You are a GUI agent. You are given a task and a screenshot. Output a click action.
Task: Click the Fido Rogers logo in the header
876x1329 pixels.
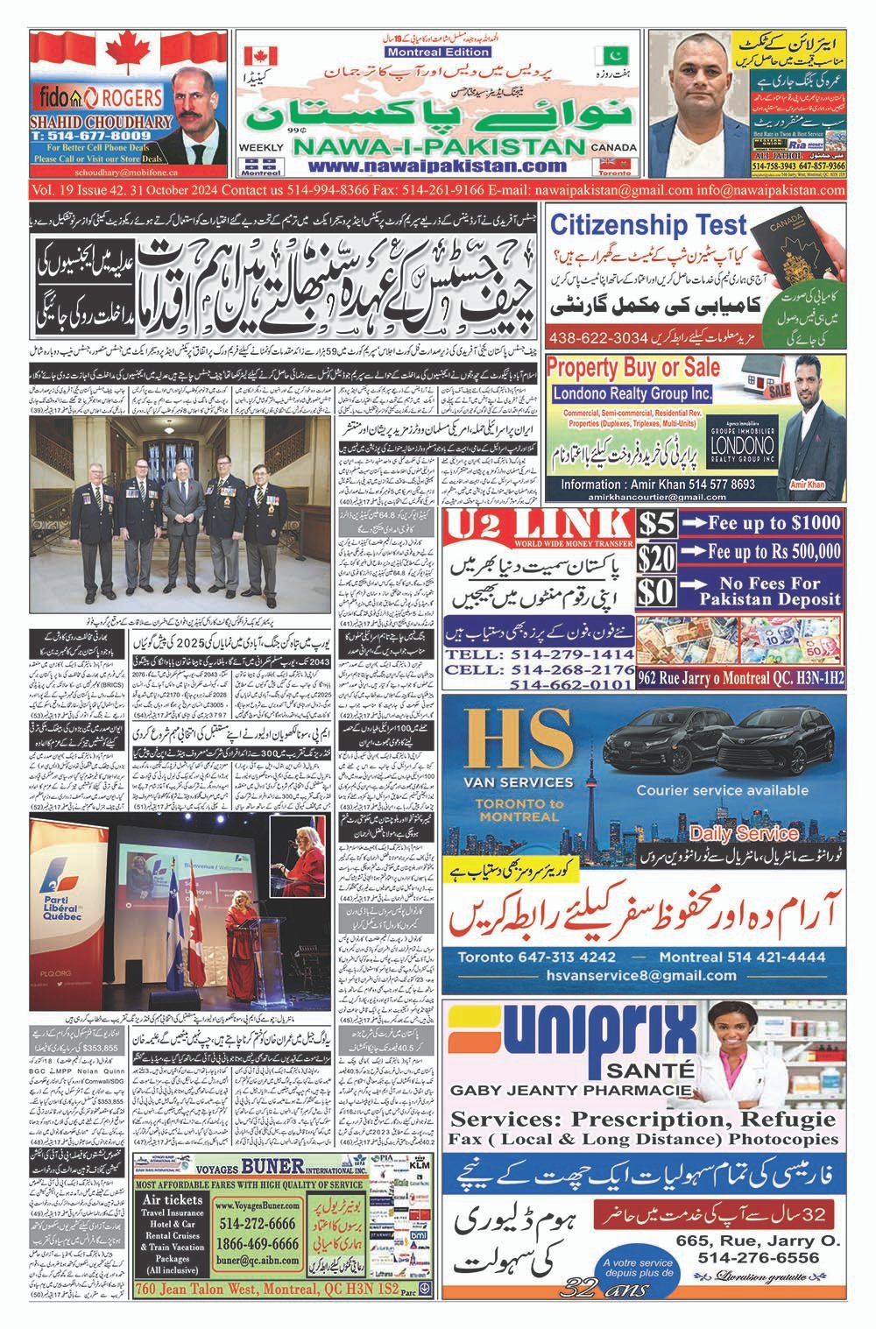pyautogui.click(x=85, y=95)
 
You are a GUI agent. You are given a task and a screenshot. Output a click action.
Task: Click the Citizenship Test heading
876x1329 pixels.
pyautogui.click(x=648, y=225)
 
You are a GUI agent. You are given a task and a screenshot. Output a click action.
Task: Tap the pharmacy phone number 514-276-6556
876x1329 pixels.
pyautogui.click(x=759, y=1257)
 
